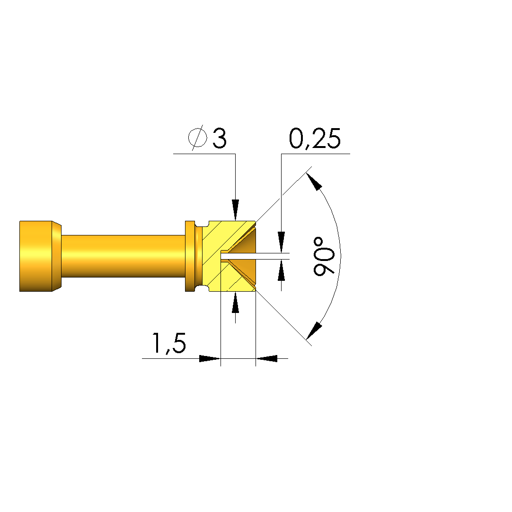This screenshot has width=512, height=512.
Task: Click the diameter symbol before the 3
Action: click(198, 138)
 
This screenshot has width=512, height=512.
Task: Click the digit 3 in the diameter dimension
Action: click(219, 138)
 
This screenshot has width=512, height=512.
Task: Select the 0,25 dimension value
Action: click(315, 139)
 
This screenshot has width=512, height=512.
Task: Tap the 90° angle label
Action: click(324, 256)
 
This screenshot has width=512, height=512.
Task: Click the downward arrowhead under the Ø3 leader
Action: click(235, 209)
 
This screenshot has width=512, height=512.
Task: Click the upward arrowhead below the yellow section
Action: click(235, 303)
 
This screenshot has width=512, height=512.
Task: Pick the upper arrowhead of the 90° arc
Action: click(314, 181)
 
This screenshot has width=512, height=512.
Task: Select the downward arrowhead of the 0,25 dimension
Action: click(282, 242)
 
